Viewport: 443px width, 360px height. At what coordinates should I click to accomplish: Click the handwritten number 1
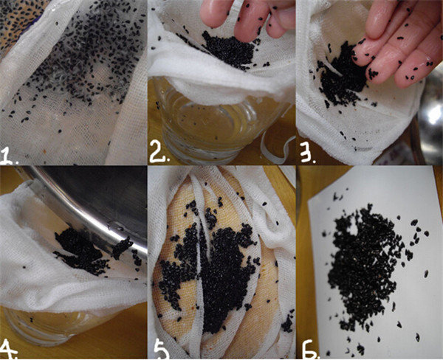(x=8, y=156)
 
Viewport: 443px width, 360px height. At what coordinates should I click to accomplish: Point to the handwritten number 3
(x=307, y=152)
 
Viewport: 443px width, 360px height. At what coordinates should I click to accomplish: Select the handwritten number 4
(x=8, y=350)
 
